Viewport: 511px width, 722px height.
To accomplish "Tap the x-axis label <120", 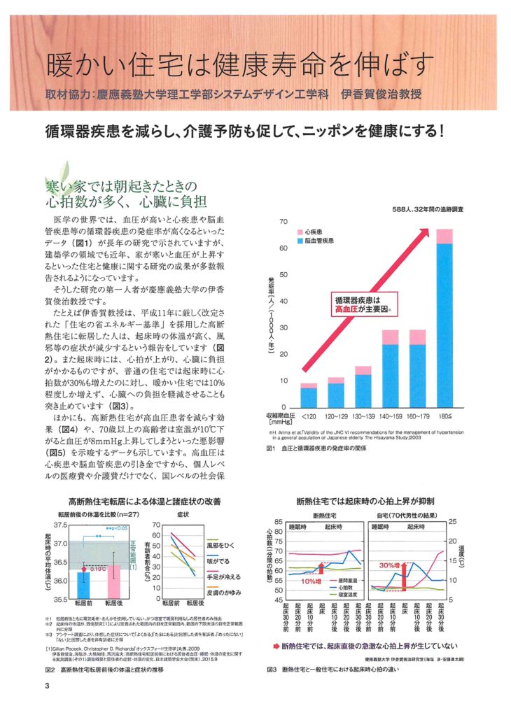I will [309, 416].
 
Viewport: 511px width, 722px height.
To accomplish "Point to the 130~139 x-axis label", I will [363, 416].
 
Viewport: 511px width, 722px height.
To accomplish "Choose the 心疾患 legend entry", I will [315, 230].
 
